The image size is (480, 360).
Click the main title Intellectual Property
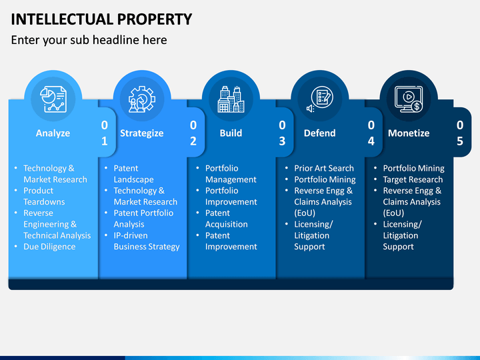pos(101,19)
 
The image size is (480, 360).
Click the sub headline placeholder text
pos(89,40)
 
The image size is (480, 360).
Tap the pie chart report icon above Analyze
pos(53,99)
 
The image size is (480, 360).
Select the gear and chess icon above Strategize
pos(142,99)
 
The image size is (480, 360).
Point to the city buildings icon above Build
pos(231,99)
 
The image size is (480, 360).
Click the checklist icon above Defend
pos(320,99)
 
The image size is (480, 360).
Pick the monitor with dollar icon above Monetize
pos(409,99)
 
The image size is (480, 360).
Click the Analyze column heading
pos(53,133)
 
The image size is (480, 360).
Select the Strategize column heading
pos(142,133)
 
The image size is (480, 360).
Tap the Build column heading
pos(231,133)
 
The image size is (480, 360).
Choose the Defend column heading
pos(319,133)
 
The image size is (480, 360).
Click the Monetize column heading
pos(409,133)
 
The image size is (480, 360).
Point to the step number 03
pos(282,133)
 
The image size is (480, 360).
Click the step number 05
pos(460,133)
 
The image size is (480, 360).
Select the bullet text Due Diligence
pos(49,247)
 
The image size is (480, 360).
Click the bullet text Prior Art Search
pos(324,169)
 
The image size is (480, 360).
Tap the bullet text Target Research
pos(413,179)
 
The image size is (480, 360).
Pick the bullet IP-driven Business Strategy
pos(147,241)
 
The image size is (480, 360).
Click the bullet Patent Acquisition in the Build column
pos(227,219)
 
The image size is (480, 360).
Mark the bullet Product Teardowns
pos(45,196)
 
